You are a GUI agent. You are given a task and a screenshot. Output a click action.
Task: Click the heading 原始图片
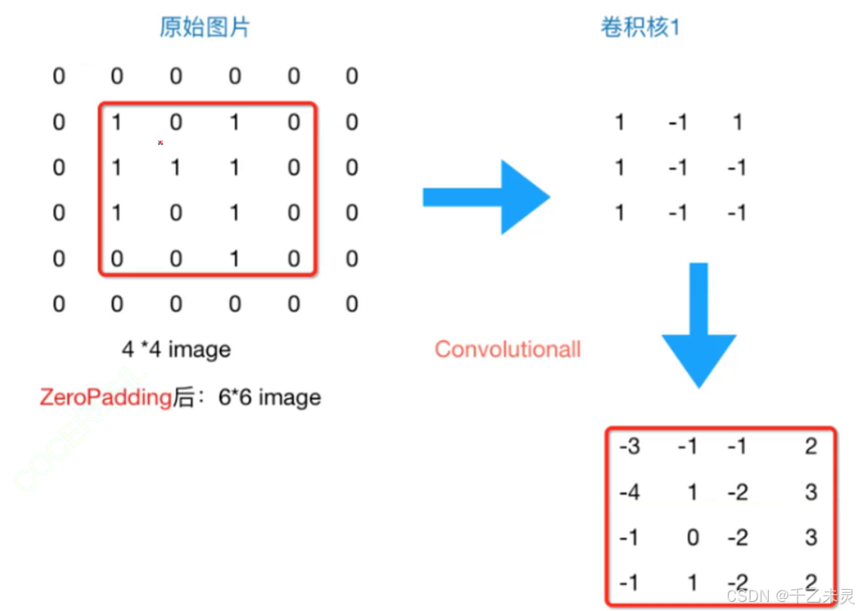(x=205, y=28)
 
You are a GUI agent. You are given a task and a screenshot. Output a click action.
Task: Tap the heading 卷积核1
(x=640, y=28)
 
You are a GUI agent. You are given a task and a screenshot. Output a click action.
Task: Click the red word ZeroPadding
(x=105, y=397)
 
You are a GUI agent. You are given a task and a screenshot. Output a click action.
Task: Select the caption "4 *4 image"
(x=175, y=349)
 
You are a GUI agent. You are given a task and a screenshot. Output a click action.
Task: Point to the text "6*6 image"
(x=269, y=397)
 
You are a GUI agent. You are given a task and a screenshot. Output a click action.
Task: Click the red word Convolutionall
(x=507, y=349)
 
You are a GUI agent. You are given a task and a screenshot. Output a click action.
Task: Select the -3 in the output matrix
(x=629, y=447)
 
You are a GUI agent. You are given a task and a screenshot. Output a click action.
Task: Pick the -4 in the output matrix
(x=629, y=492)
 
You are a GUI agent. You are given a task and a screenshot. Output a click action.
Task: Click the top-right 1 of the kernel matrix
(x=737, y=122)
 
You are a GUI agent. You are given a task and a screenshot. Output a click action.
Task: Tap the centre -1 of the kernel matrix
(x=677, y=167)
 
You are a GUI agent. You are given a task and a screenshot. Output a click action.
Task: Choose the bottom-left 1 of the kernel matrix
(x=620, y=213)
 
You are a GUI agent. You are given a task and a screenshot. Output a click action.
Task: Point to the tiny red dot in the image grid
(x=160, y=142)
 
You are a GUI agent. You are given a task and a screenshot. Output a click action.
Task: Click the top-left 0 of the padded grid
(x=59, y=76)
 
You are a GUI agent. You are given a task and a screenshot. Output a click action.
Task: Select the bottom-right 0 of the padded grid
(x=352, y=304)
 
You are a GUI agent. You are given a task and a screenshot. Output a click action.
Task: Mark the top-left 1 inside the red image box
(x=117, y=122)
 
